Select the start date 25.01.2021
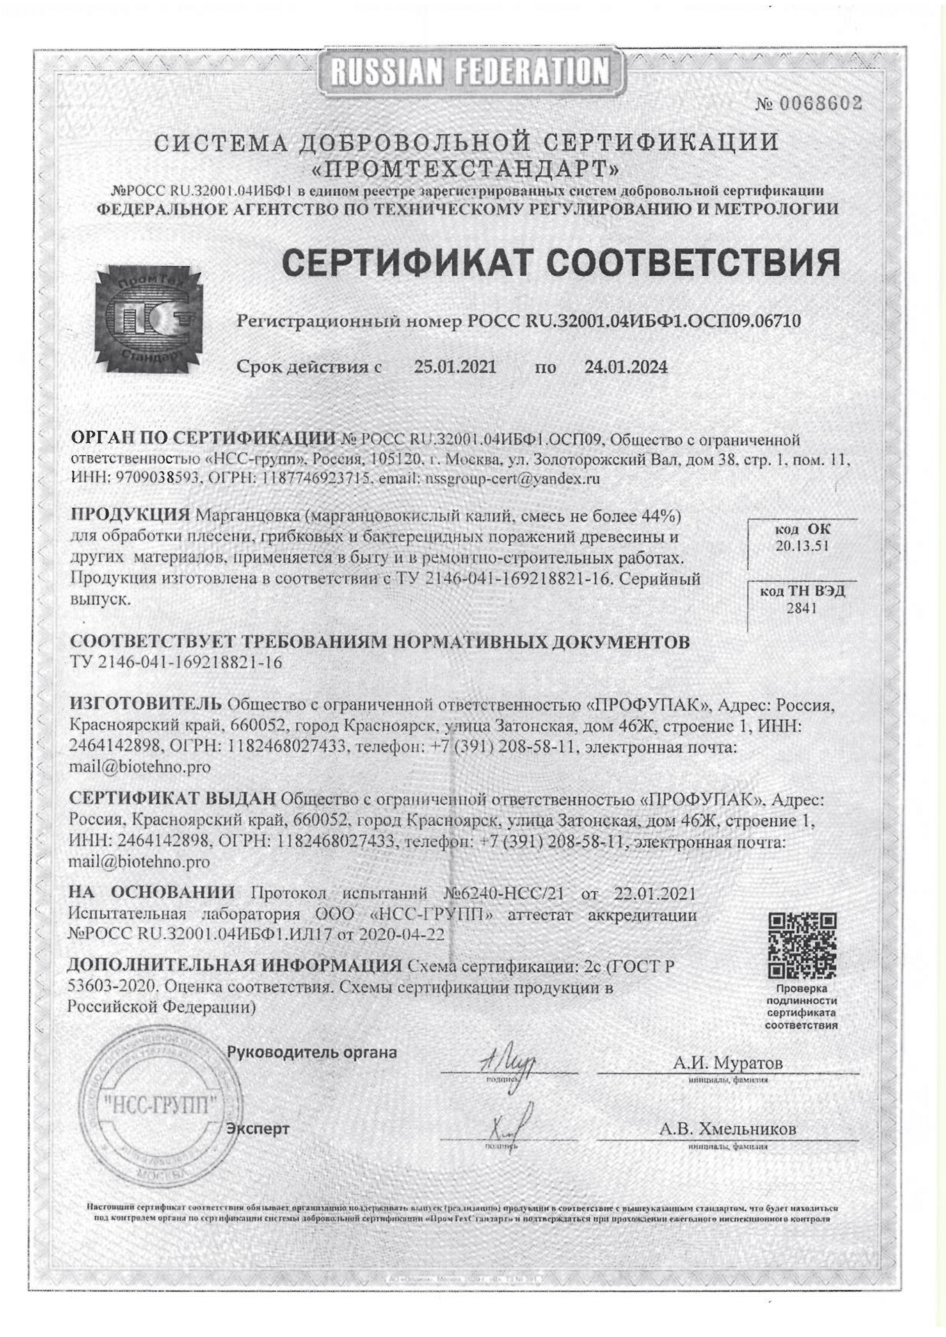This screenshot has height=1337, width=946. coord(455,367)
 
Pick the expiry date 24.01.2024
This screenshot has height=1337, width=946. coord(626,367)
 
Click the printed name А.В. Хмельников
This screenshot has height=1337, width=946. coord(727,1129)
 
